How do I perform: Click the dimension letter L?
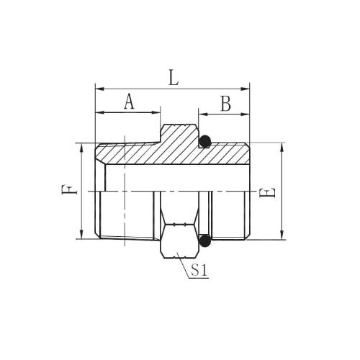tap(174, 78)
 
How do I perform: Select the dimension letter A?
tap(129, 102)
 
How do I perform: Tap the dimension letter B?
tap(226, 104)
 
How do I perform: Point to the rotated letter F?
tap(69, 189)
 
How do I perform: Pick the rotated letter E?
tap(267, 193)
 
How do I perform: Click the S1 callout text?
tap(199, 270)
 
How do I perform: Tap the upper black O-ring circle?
tap(205, 141)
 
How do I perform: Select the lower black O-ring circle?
tap(205, 240)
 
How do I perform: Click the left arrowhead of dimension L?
tap(100, 89)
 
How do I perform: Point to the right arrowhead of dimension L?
tap(245, 89)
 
